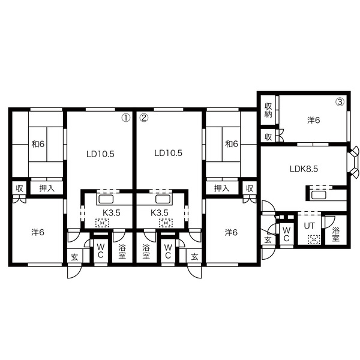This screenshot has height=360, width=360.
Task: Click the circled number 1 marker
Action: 126,118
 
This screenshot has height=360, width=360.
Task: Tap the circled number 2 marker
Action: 144,118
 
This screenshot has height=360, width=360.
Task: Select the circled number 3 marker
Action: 340,102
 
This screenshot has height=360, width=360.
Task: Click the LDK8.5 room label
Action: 304,169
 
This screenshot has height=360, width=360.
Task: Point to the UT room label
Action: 309,226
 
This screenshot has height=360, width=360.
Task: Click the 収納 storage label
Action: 268,110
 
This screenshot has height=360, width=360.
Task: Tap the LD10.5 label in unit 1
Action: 100,154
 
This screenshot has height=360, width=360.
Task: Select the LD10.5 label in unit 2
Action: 168,153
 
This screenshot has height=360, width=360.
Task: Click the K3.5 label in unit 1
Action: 112,213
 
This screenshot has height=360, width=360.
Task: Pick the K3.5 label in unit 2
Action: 160,213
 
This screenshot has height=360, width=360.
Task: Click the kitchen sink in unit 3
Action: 319,195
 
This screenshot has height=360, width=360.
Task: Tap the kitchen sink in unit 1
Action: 106,199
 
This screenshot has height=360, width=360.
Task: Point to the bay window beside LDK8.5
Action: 353,162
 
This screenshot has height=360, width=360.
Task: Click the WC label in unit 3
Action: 286,235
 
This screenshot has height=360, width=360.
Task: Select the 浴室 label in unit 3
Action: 335,235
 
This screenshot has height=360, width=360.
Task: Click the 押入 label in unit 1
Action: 47,188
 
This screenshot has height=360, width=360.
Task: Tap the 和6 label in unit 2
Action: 232,144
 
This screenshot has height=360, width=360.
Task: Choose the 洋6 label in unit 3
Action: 314,120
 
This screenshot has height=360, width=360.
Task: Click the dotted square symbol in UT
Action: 314,239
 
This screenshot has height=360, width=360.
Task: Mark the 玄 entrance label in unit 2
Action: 194,257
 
